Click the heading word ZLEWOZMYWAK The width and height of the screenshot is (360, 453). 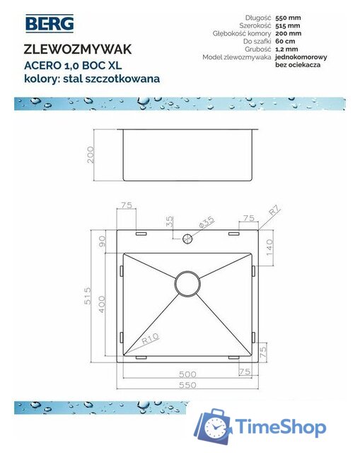[77, 50]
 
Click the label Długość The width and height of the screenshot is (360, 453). [260, 17]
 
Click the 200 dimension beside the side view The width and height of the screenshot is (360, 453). [91, 155]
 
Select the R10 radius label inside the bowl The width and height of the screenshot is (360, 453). [149, 338]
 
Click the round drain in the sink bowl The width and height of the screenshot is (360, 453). [187, 283]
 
